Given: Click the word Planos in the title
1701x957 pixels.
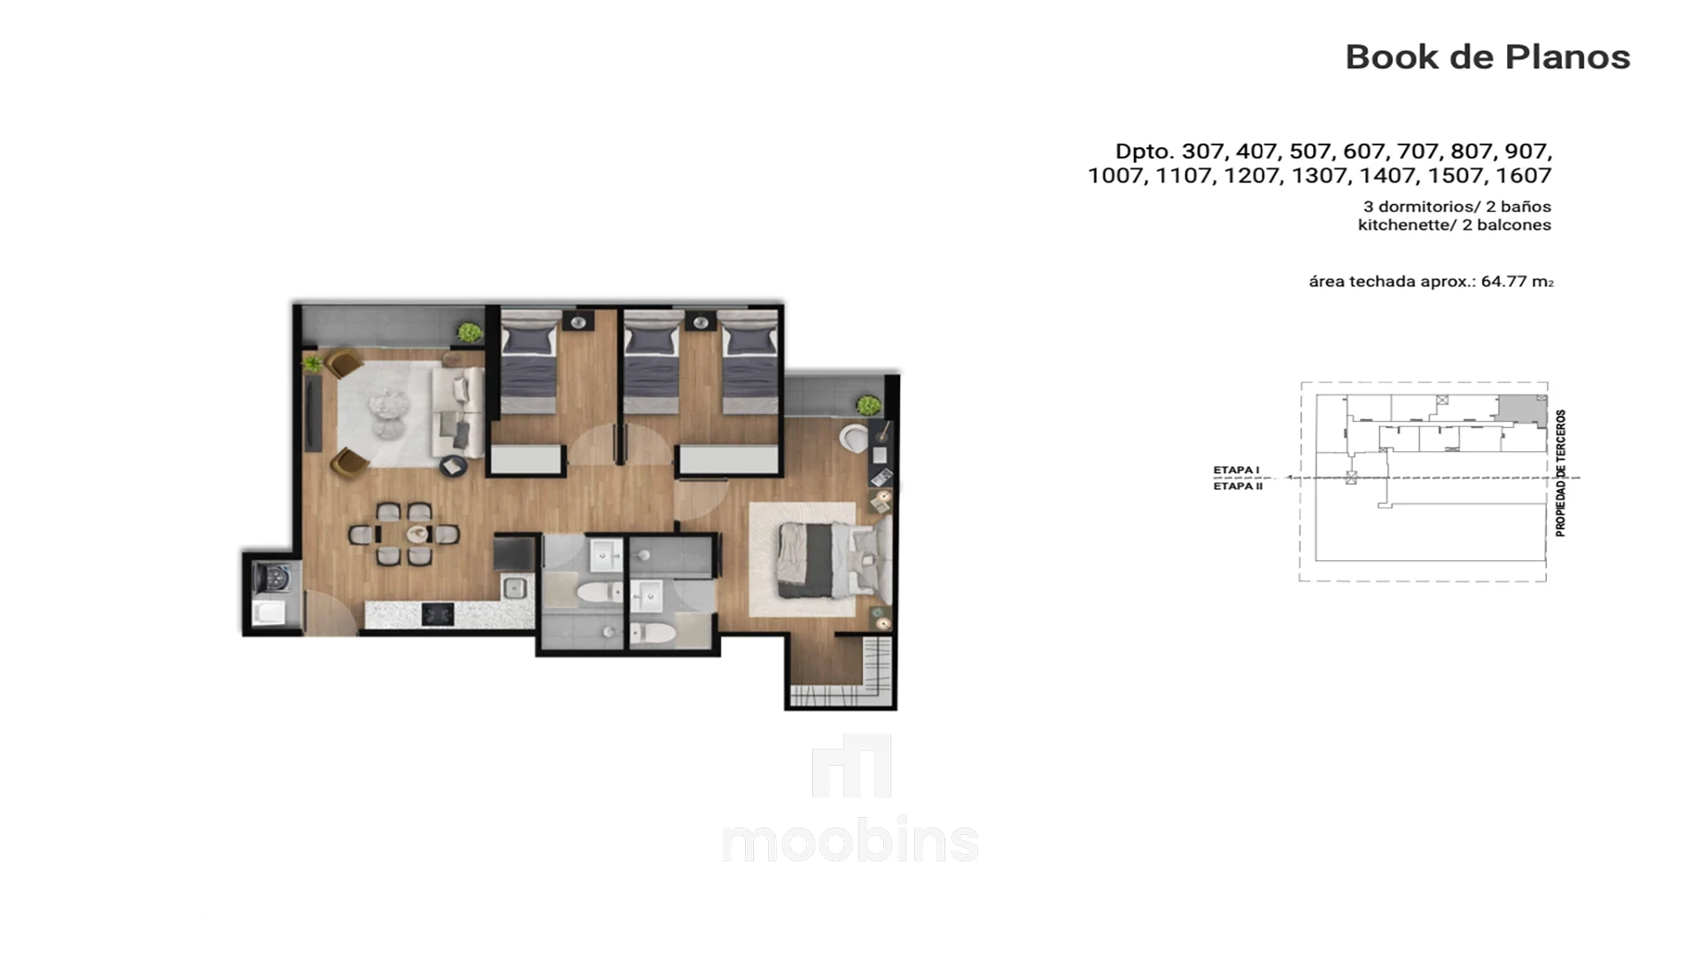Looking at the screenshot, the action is pyautogui.click(x=1568, y=57).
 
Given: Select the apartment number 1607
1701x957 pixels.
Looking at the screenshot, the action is pyautogui.click(x=1524, y=175).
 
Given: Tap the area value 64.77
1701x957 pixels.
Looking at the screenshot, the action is pyautogui.click(x=1503, y=281).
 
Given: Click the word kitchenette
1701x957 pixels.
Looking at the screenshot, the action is pyautogui.click(x=1404, y=225).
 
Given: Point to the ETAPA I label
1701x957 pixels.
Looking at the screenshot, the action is pyautogui.click(x=1237, y=471).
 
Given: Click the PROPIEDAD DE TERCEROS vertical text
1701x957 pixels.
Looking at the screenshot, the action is pyautogui.click(x=1561, y=473).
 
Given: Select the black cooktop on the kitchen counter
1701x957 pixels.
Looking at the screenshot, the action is pyautogui.click(x=437, y=614).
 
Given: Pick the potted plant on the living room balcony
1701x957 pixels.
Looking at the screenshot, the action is pyautogui.click(x=470, y=333).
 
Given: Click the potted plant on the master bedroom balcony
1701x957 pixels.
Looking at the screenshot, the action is pyautogui.click(x=868, y=406).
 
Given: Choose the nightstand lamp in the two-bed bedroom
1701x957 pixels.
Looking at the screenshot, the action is pyautogui.click(x=700, y=323).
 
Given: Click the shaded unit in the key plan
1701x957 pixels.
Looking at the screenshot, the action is pyautogui.click(x=1522, y=408).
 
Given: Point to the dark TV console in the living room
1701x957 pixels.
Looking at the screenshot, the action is pyautogui.click(x=313, y=413).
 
